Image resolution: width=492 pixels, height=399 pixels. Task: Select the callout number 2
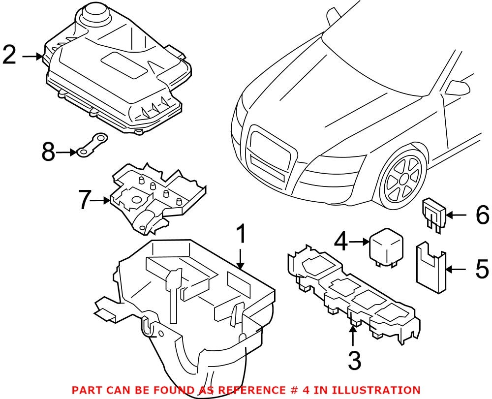click(x=10, y=56)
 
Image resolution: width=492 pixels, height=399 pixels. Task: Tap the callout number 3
click(x=353, y=360)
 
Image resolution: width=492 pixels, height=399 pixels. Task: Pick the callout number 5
click(x=480, y=269)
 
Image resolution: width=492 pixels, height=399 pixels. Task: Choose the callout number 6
click(x=481, y=215)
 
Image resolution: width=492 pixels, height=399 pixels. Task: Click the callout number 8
click(x=48, y=153)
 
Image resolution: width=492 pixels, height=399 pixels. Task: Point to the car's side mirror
click(x=457, y=87)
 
